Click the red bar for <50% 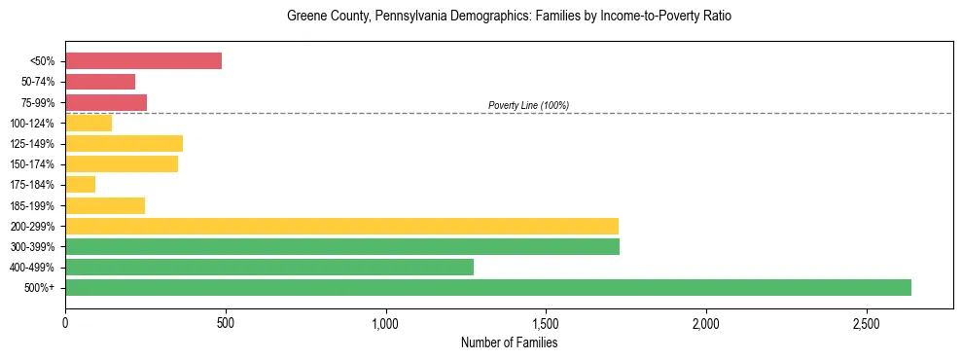(143, 61)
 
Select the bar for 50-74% (100, 82)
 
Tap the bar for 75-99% (106, 102)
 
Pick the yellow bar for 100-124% (89, 123)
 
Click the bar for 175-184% (80, 185)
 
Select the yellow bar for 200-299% (341, 226)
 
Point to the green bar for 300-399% (342, 246)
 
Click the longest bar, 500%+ (488, 287)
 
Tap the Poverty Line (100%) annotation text (528, 105)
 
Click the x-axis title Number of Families (509, 342)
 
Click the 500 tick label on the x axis (226, 322)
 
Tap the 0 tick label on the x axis (65, 322)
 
